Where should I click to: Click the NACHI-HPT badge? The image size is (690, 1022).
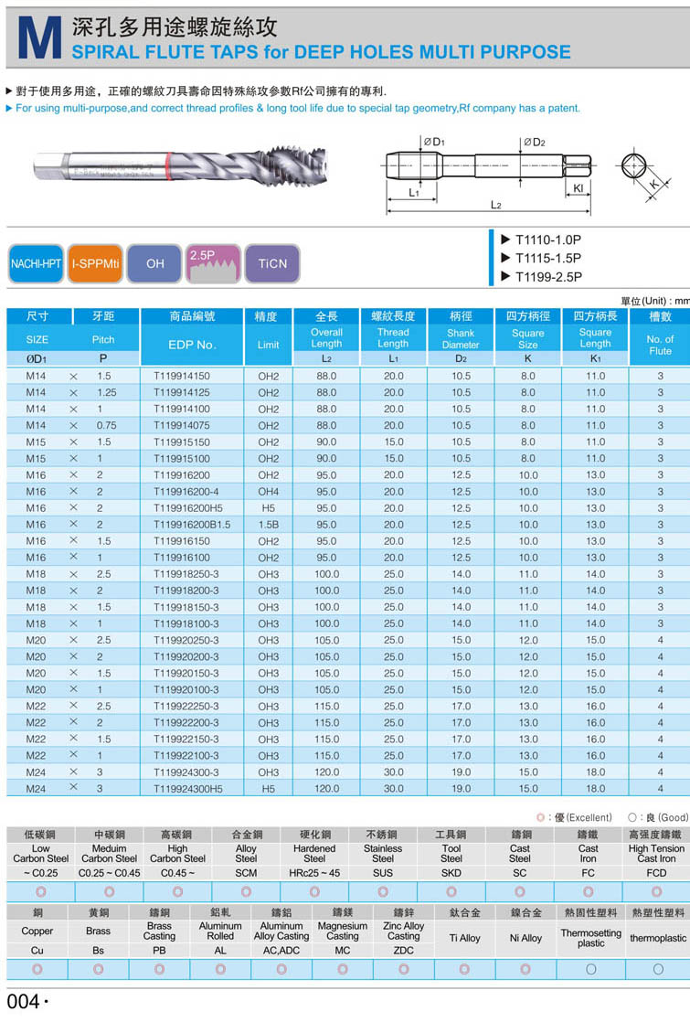click(x=36, y=263)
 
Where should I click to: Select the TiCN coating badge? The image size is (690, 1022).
click(x=272, y=263)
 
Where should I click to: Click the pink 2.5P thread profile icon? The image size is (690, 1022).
click(x=213, y=263)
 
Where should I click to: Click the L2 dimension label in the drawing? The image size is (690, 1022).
click(x=495, y=206)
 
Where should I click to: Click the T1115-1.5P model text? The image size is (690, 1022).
click(x=547, y=258)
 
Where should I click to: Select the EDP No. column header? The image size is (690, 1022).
click(x=192, y=345)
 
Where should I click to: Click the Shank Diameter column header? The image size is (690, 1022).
click(x=461, y=339)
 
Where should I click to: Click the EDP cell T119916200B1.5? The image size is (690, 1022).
click(x=192, y=525)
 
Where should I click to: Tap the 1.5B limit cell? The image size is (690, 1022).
click(x=268, y=525)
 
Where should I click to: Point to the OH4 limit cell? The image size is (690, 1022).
click(x=268, y=492)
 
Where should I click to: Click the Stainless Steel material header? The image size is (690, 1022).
click(x=382, y=853)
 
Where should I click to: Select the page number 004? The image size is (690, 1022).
click(x=24, y=1002)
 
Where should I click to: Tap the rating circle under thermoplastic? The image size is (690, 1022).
click(x=658, y=968)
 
